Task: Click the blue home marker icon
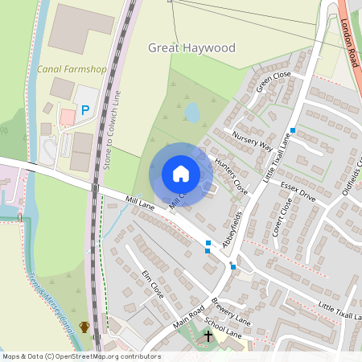point(181,173)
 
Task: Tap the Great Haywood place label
point(191,48)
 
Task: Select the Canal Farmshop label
point(72,69)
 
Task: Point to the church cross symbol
point(208,335)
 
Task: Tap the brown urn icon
point(84,327)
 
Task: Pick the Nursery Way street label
point(252,140)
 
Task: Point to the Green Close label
point(273,82)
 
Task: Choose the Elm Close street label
point(152,285)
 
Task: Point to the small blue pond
point(192,112)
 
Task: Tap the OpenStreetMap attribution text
point(81,356)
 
